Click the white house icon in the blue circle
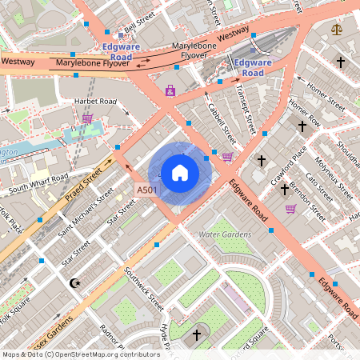coord(180,172)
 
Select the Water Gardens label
coord(225,234)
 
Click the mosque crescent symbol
coord(76,283)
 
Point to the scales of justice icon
coord(336,30)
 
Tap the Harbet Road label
coord(95,102)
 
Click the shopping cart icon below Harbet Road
coord(87,118)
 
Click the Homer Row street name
coord(304,111)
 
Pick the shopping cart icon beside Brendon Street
coord(291,209)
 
